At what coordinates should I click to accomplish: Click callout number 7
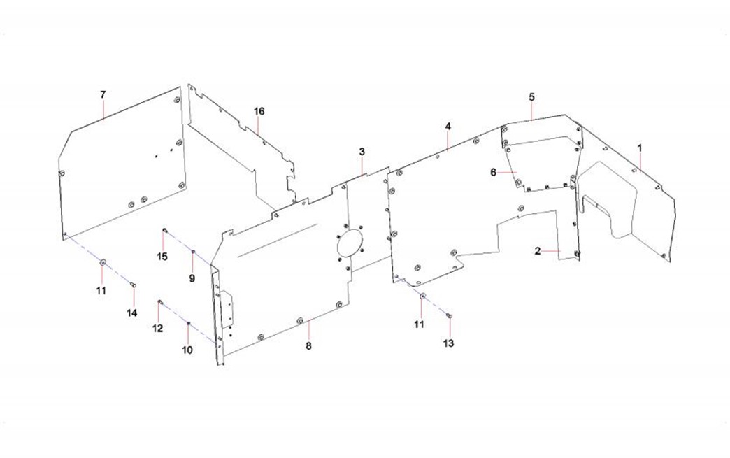pyautogui.click(x=103, y=94)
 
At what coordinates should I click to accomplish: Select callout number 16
pyautogui.click(x=259, y=111)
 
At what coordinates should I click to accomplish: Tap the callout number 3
pyautogui.click(x=362, y=152)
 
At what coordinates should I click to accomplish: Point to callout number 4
pyautogui.click(x=448, y=127)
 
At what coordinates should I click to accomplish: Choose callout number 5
pyautogui.click(x=531, y=97)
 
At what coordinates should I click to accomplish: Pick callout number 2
pyautogui.click(x=538, y=251)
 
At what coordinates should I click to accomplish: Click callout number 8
pyautogui.click(x=308, y=346)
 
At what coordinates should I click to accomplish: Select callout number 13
pyautogui.click(x=448, y=343)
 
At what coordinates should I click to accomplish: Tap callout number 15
pyautogui.click(x=162, y=257)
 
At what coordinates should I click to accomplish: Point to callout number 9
pyautogui.click(x=192, y=279)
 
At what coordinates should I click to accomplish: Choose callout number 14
pyautogui.click(x=132, y=313)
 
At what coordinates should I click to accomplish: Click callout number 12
pyautogui.click(x=158, y=329)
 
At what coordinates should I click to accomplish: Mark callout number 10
pyautogui.click(x=187, y=350)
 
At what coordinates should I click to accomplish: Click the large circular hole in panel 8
pyautogui.click(x=350, y=243)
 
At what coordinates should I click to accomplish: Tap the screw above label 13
pyautogui.click(x=449, y=316)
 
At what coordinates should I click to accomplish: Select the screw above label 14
pyautogui.click(x=133, y=285)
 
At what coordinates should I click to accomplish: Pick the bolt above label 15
pyautogui.click(x=164, y=230)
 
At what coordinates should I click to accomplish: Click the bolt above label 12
pyautogui.click(x=160, y=303)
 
